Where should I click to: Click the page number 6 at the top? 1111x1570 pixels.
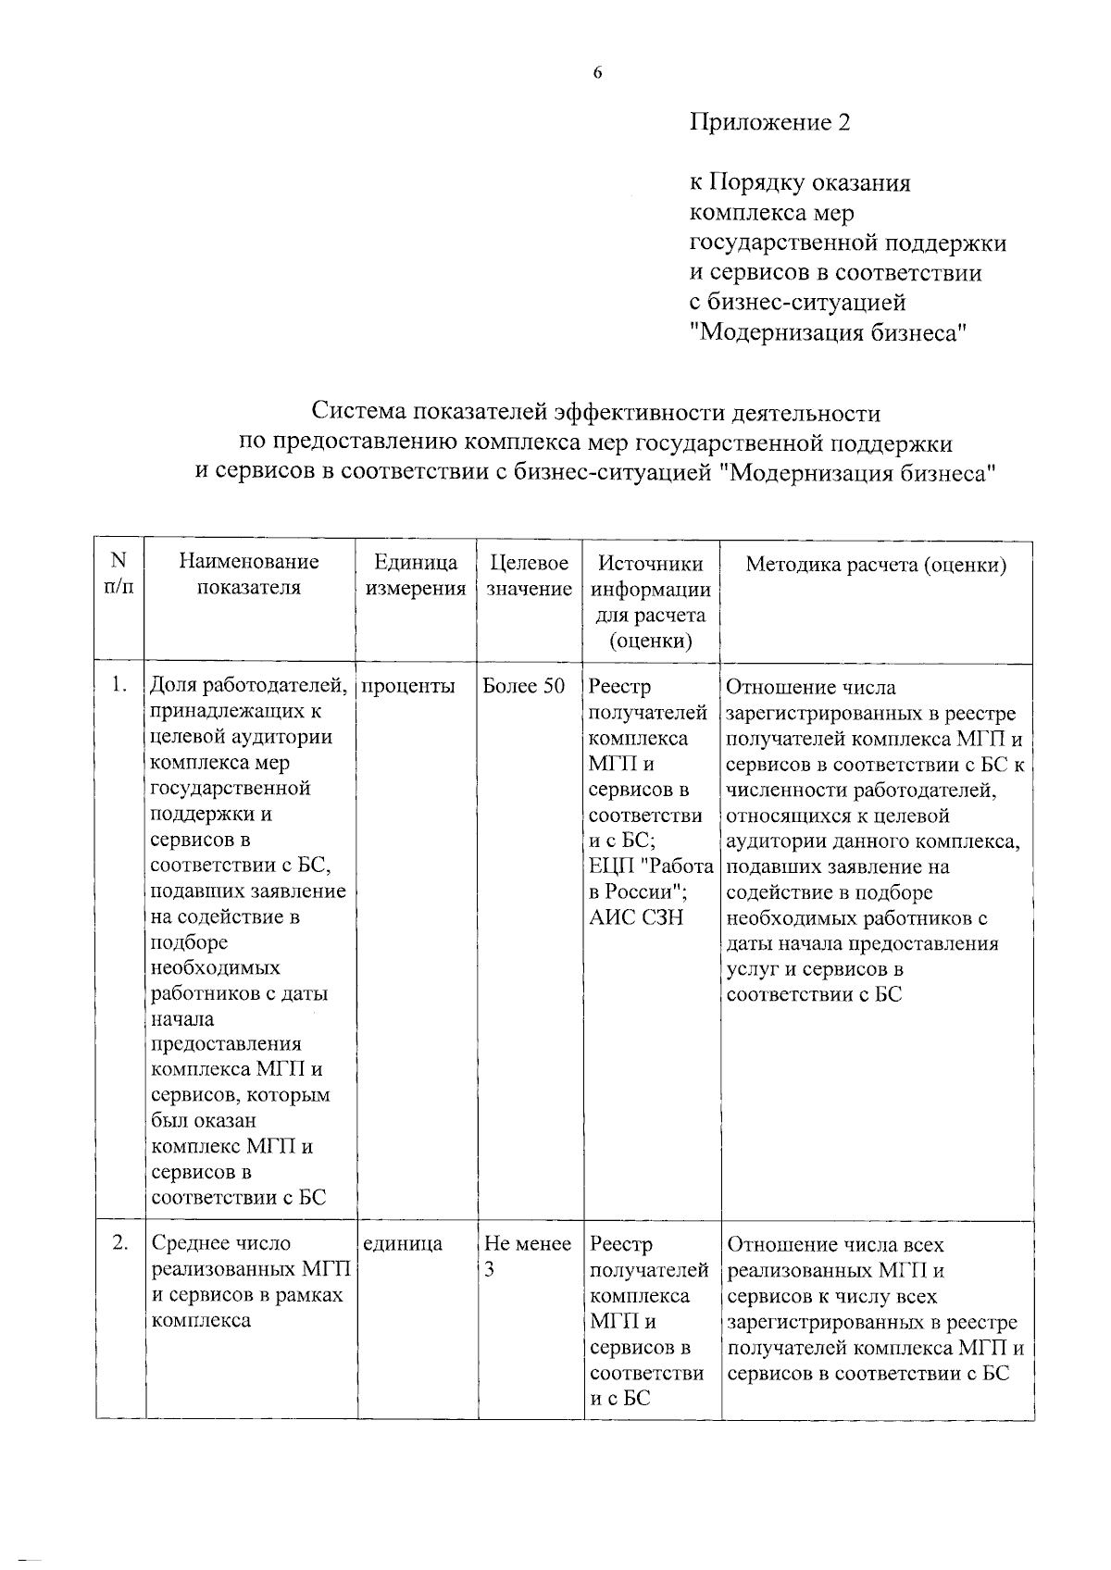[597, 73]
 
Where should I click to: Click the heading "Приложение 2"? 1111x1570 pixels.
[769, 122]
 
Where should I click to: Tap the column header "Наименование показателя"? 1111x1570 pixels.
[249, 574]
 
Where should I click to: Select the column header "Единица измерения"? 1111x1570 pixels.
[416, 574]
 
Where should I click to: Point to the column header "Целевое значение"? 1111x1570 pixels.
[529, 574]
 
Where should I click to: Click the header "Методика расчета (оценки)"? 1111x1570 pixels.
[876, 564]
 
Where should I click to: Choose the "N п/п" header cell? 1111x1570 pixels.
[119, 574]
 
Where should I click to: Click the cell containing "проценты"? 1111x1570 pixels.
[408, 687]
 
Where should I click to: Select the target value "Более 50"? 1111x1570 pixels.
[524, 687]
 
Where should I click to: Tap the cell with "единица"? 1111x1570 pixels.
[402, 1244]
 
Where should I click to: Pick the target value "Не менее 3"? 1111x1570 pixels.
[528, 1256]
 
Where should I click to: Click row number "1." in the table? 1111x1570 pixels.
[119, 687]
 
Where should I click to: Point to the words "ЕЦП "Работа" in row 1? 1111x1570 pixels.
[652, 867]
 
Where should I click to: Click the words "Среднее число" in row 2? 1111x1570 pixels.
[220, 1244]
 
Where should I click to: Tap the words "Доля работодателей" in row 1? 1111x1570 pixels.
[248, 687]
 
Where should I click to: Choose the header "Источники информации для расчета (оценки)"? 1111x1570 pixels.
[651, 602]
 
